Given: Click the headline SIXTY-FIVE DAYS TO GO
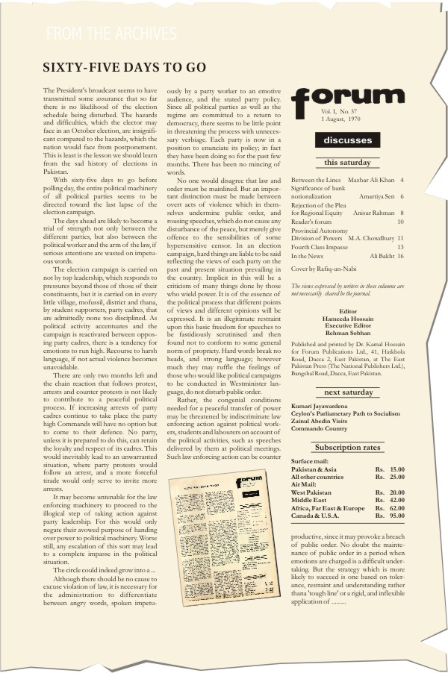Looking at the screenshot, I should pos(124,67).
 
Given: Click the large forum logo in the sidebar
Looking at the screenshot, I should pos(337,97).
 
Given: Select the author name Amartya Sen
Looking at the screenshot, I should pos(376,196).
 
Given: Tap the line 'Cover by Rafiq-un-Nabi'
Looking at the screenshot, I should pos(323,268).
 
